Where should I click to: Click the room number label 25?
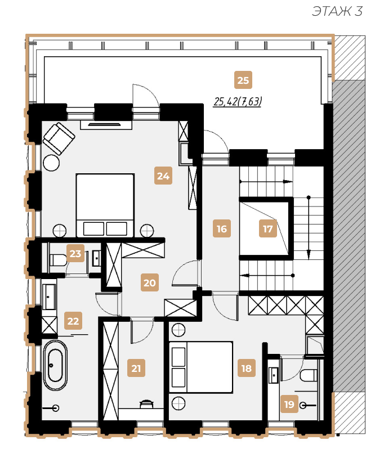(x=243, y=80)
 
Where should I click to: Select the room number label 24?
(x=163, y=176)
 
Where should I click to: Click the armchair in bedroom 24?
(x=59, y=138)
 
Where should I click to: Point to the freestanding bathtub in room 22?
(x=55, y=365)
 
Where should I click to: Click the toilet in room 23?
(x=58, y=260)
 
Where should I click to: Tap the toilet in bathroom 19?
(x=309, y=375)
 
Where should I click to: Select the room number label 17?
(x=268, y=229)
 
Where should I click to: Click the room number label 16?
(x=222, y=229)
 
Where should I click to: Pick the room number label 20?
(x=150, y=282)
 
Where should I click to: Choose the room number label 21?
(x=136, y=368)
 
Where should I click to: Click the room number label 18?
(x=247, y=368)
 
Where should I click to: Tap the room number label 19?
(x=289, y=404)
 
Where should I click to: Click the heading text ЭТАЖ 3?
(x=337, y=11)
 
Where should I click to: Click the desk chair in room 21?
(x=146, y=403)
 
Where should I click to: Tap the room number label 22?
(x=73, y=321)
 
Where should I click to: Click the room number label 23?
(x=75, y=253)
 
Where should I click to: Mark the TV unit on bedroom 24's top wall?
(x=106, y=125)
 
